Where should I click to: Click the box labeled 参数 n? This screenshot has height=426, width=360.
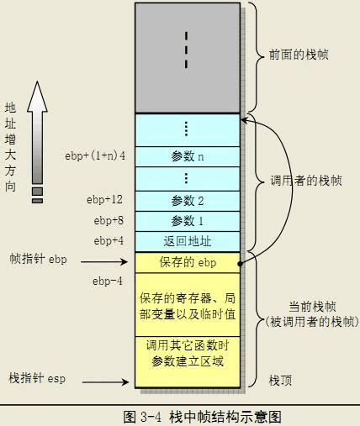tap(188, 155)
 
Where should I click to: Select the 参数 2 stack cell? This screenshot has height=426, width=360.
tap(188, 201)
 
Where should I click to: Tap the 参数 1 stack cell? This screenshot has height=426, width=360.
tap(188, 221)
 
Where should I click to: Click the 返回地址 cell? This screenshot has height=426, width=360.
tap(188, 241)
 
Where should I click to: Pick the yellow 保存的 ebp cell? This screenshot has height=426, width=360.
tap(188, 262)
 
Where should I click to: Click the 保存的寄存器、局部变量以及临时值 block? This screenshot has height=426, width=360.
tap(188, 306)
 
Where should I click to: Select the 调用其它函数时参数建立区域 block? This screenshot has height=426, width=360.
tap(188, 353)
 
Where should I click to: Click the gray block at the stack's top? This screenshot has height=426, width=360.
tap(188, 57)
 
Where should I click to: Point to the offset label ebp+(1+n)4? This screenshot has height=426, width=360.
tap(95, 155)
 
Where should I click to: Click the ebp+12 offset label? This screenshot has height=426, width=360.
tap(104, 200)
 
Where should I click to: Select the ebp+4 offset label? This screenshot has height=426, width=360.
tap(109, 241)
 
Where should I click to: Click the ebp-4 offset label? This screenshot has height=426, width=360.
tap(108, 281)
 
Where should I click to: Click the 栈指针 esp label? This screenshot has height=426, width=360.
tap(37, 379)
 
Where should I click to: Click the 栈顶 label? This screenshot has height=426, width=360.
tap(280, 380)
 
